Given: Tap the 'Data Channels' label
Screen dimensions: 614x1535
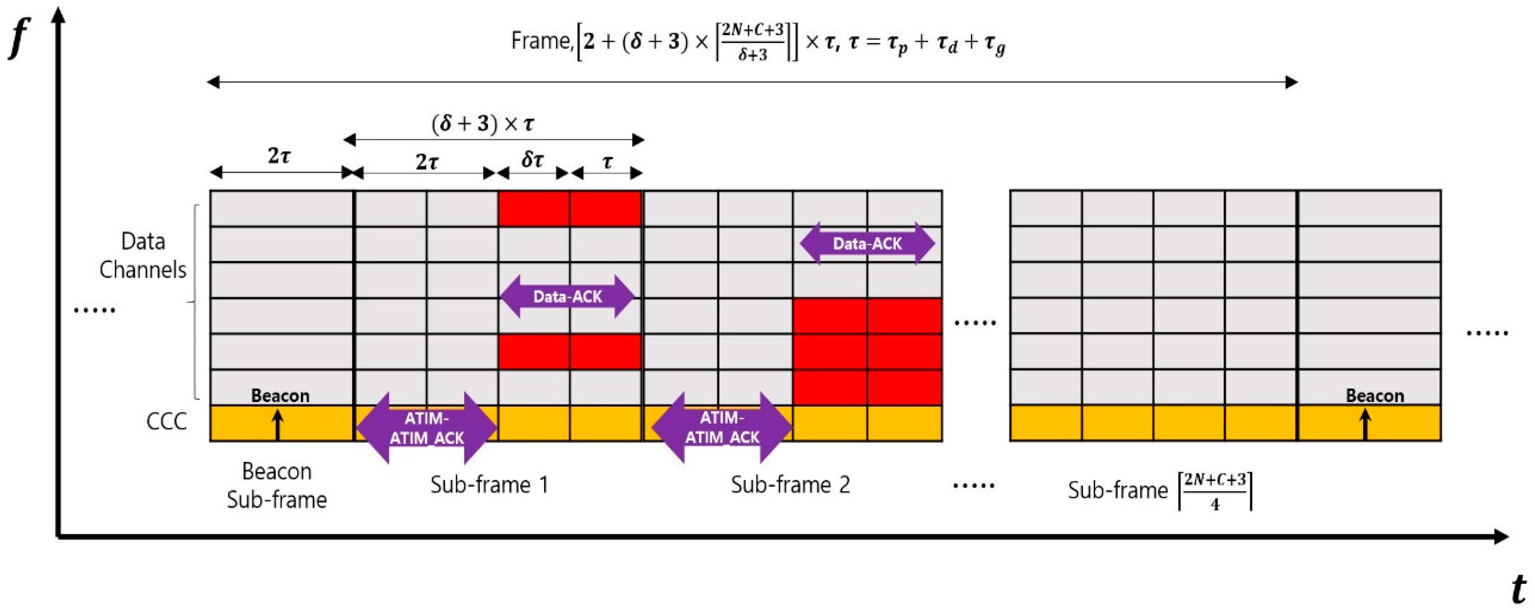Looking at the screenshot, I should point(143,255).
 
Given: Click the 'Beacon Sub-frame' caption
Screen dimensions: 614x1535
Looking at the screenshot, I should point(277,485).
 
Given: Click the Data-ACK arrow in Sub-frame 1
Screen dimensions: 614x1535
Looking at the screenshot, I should point(567,296).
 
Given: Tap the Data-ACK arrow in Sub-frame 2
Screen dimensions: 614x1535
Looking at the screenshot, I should point(867,243).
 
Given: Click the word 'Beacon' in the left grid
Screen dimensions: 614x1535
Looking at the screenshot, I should point(280,395).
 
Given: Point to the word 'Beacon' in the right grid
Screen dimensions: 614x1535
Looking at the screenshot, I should point(1375,395).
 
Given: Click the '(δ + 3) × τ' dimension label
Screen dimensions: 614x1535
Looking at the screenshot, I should point(483,124).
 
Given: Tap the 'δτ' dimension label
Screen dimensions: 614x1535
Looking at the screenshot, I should point(532,160).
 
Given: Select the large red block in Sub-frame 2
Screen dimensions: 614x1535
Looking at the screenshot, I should point(867,352).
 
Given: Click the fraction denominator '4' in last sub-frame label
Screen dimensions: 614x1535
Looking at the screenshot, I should point(1215,505).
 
